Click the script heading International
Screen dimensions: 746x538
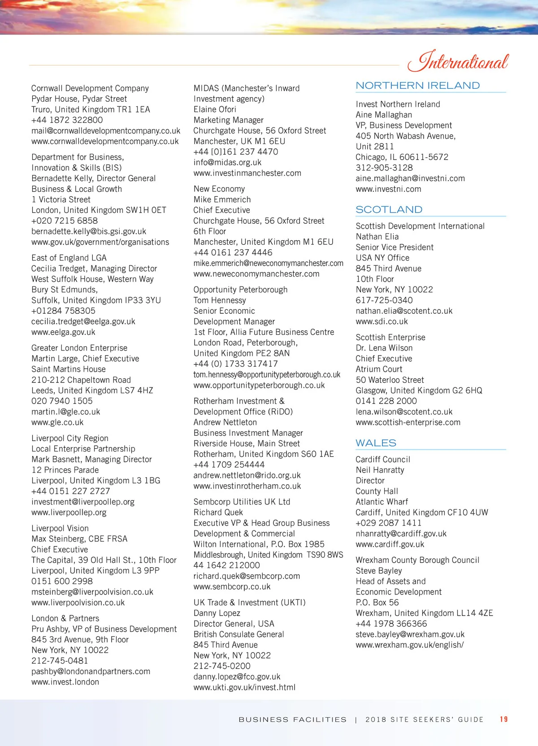(x=458, y=61)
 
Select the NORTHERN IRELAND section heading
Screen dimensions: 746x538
(x=417, y=85)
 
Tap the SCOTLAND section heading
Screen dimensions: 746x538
(x=389, y=209)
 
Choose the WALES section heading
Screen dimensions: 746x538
(x=376, y=443)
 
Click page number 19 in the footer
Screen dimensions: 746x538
(x=504, y=719)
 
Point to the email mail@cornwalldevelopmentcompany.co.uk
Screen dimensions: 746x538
(x=106, y=131)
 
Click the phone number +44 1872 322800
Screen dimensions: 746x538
(x=67, y=120)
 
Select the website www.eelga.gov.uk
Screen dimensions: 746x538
(x=63, y=332)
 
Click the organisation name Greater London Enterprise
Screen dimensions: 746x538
(x=79, y=348)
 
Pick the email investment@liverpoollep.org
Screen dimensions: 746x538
(x=83, y=502)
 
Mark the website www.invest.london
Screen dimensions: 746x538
(x=65, y=682)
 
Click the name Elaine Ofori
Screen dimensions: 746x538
(x=215, y=109)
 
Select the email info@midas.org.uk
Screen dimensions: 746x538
(x=227, y=162)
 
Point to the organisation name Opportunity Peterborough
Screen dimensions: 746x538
(x=240, y=290)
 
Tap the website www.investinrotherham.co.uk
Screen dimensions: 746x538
(x=247, y=486)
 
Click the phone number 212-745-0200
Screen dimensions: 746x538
(x=222, y=666)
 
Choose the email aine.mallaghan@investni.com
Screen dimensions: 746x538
(x=410, y=178)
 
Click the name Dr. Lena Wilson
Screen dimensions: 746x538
(x=384, y=348)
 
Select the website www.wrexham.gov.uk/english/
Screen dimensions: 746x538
(x=410, y=645)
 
